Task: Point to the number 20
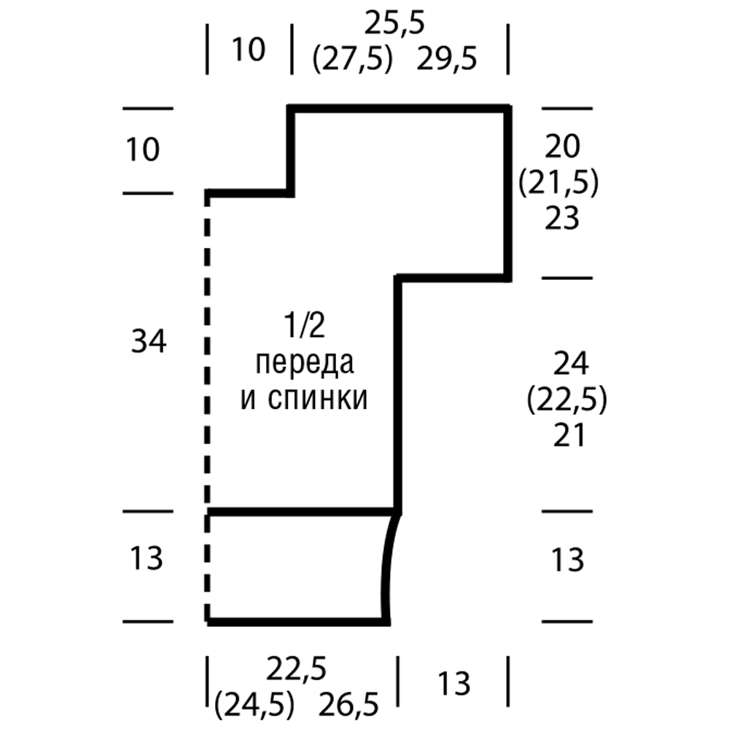tap(562, 148)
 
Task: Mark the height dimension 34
tap(149, 341)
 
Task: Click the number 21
tap(569, 436)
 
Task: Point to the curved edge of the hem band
tap(387, 569)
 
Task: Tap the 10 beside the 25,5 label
tap(249, 50)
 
